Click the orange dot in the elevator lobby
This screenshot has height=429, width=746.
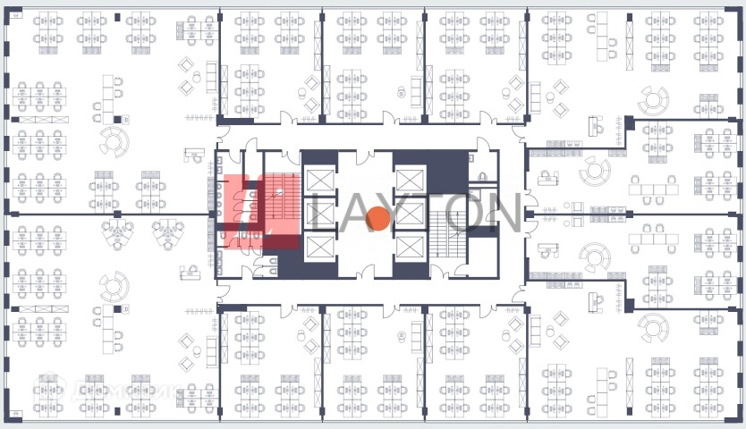[x=378, y=218]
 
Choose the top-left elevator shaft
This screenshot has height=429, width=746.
[x=319, y=178]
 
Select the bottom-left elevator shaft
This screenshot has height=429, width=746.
[x=319, y=247]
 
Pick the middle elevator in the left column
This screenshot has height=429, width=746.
[x=319, y=213]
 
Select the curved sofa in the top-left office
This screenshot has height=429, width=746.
[x=114, y=140]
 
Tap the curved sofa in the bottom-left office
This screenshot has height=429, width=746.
[x=114, y=287]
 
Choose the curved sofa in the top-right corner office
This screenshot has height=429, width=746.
[x=654, y=100]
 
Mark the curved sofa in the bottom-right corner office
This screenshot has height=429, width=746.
[x=654, y=327]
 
